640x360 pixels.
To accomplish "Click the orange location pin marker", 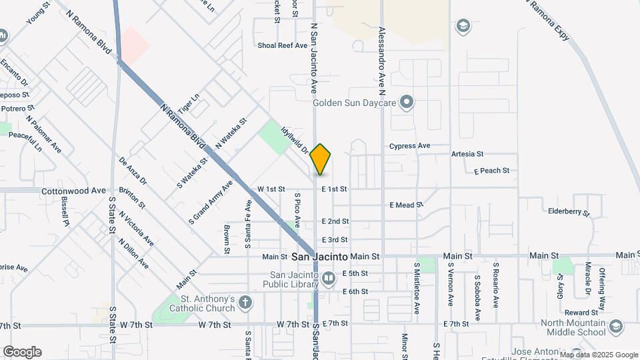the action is click(321, 159).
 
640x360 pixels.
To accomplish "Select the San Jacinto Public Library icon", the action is click(327, 279).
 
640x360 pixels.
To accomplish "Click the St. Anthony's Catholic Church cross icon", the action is click(245, 303).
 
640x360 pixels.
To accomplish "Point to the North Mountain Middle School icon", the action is click(616, 327).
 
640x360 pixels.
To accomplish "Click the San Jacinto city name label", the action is click(320, 257).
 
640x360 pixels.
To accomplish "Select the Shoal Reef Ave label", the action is click(283, 45).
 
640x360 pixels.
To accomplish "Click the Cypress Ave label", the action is click(410, 146).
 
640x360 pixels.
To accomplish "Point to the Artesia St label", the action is click(467, 154).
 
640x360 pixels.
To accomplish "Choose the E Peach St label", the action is click(491, 171).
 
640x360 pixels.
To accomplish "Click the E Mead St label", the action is click(406, 205).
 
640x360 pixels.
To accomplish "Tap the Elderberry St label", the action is click(569, 213).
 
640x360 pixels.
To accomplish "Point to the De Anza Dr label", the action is click(133, 171).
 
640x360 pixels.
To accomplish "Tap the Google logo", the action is click(22, 351).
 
